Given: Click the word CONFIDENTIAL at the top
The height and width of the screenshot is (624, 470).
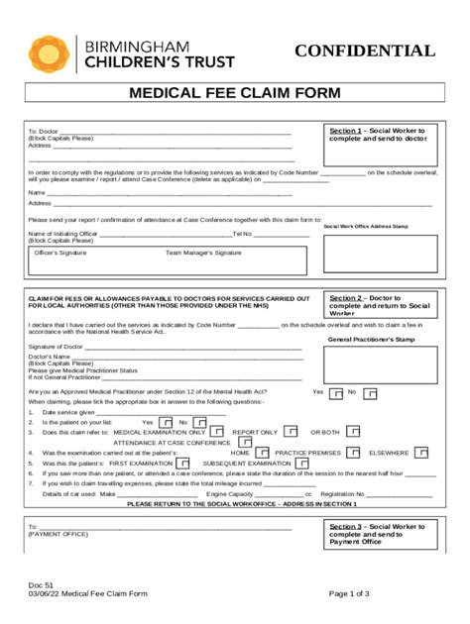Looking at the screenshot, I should pos(364,52).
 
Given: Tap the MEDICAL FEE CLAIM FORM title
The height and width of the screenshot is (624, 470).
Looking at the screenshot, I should pos(235,93).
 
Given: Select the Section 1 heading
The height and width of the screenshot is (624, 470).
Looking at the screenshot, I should pos(346,131).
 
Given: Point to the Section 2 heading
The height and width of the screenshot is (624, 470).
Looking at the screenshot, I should pos(346,297).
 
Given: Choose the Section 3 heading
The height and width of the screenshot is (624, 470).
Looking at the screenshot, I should pos(346,527).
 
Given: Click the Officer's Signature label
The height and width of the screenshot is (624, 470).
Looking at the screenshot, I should pos(60,253).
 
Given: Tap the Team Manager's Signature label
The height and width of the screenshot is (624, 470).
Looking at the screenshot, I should pos(203,253).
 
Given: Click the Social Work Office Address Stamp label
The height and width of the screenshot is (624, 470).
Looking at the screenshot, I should pos(366,226).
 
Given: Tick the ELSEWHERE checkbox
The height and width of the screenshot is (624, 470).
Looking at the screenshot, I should pos(421,452).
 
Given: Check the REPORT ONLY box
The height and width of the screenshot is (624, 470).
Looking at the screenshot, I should pos(291,432).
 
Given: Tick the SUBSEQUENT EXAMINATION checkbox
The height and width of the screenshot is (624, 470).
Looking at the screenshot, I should pos(301,462).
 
